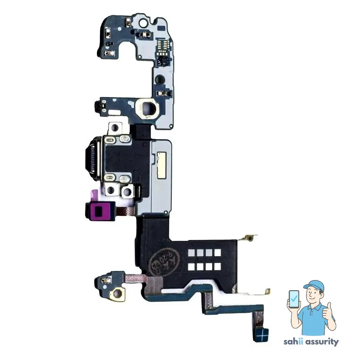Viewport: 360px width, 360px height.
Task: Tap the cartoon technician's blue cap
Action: pyautogui.click(x=314, y=285)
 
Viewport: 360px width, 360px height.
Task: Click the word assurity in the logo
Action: pyautogui.click(x=322, y=342)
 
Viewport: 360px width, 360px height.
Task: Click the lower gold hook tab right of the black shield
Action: pyautogui.click(x=266, y=291)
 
